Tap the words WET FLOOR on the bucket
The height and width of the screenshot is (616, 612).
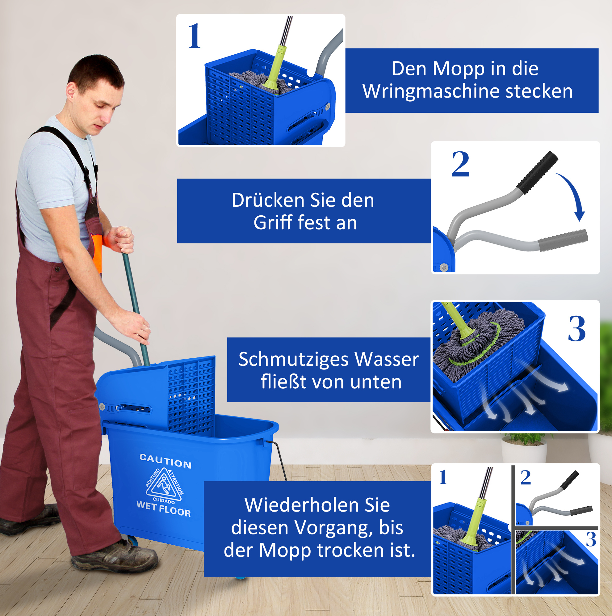(164, 508)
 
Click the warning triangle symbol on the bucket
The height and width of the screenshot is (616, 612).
(164, 484)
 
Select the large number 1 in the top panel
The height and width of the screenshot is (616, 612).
(194, 36)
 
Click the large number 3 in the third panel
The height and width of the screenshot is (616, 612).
(577, 329)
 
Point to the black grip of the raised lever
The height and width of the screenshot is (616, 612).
(537, 172)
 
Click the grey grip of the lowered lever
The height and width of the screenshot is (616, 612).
(563, 240)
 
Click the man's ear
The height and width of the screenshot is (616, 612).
(71, 91)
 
